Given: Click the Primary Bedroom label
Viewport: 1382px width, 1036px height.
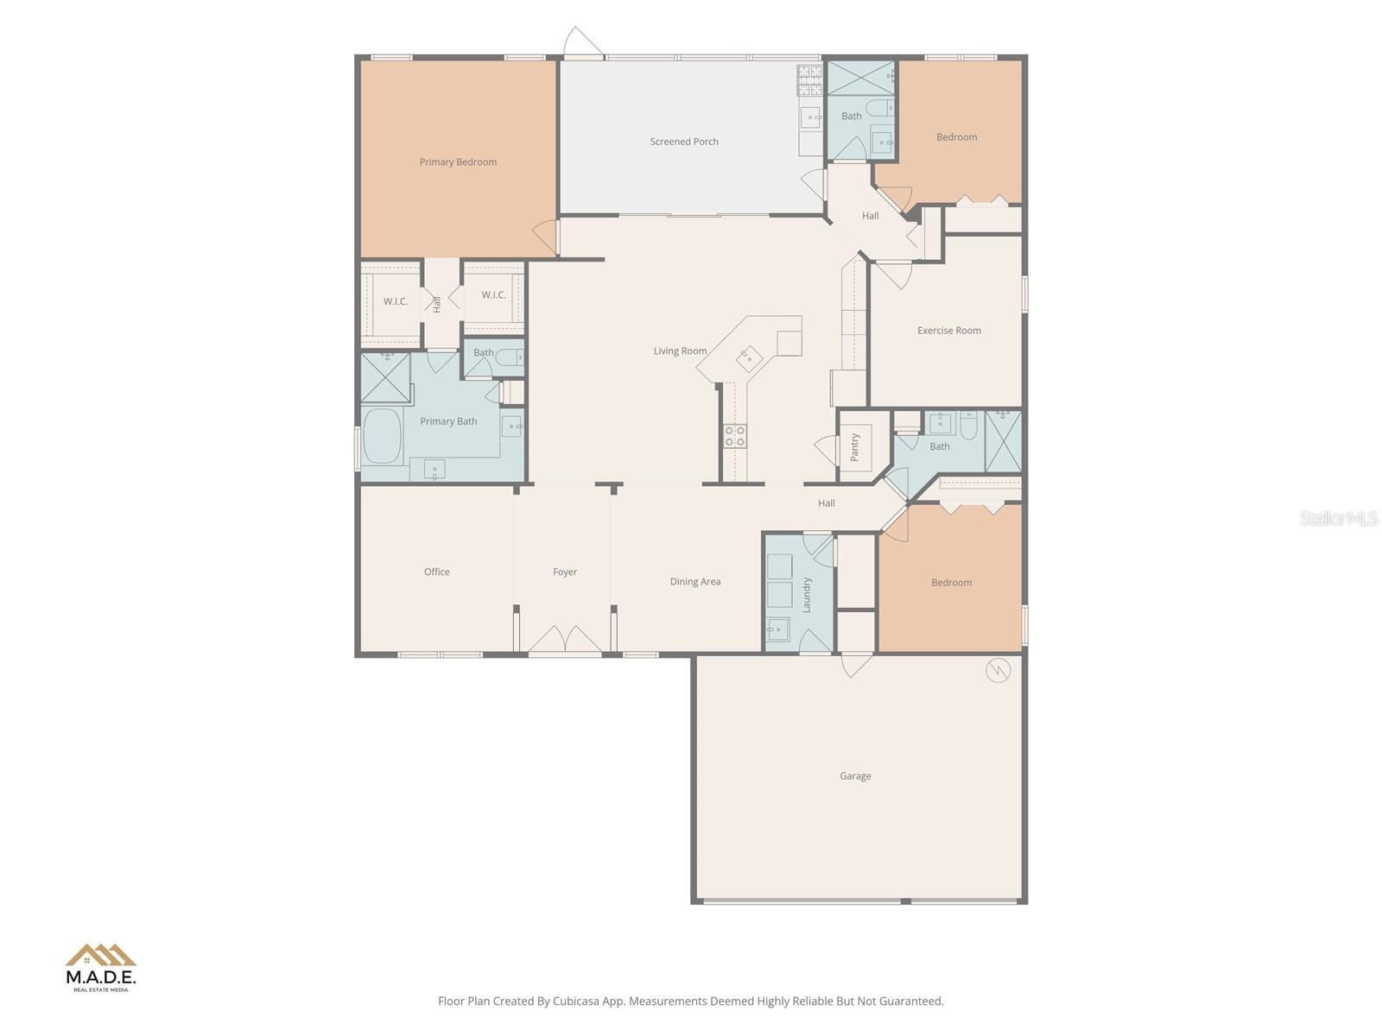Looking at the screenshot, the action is tap(458, 162).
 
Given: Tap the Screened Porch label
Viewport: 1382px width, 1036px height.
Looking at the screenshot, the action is tap(684, 142).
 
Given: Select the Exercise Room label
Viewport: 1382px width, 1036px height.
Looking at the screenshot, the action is tap(948, 331).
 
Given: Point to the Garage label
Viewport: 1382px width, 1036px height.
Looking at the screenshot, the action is tap(855, 775).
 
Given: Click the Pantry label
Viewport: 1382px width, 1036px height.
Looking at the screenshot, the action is tap(854, 447).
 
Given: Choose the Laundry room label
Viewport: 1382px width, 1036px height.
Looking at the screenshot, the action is tap(807, 595).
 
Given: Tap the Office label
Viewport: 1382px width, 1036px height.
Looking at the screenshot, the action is tap(436, 572).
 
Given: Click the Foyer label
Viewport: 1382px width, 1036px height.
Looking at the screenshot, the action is tap(565, 572).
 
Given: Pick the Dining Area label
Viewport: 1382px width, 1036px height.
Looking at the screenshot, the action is tap(695, 582).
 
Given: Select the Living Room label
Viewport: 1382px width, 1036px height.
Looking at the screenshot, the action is tap(680, 351).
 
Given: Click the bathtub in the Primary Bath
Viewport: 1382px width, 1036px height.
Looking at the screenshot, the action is tap(382, 437).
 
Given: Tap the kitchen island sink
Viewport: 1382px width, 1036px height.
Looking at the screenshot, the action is tap(749, 359).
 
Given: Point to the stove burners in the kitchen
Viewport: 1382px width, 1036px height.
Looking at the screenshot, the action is tap(735, 436).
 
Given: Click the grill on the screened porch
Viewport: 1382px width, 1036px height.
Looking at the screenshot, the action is tap(809, 80).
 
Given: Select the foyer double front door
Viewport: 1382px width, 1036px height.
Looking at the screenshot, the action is tap(565, 639).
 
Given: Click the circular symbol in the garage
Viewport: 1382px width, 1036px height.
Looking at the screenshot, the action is tap(998, 670).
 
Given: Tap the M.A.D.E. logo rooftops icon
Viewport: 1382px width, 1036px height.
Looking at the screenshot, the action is tap(101, 955).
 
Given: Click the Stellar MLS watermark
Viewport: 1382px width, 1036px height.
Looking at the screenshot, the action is tap(1338, 518).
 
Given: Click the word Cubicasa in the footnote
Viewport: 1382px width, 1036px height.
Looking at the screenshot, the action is tap(576, 1001).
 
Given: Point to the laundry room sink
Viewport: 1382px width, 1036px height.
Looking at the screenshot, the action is tap(778, 629).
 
